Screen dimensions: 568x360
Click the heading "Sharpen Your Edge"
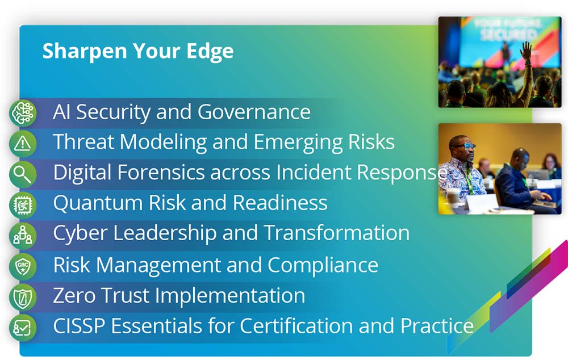[138, 51]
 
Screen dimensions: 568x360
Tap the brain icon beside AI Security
[23, 113]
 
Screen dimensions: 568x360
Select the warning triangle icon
[23, 144]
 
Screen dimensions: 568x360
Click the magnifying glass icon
[23, 174]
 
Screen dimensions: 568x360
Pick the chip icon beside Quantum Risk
[23, 205]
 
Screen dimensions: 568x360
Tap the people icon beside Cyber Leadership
[23, 236]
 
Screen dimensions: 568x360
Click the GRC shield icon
[23, 266]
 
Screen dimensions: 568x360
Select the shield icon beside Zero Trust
[23, 298]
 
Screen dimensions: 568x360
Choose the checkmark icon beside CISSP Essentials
[23, 328]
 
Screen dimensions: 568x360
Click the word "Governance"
[254, 112]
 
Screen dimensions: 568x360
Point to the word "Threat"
[84, 141]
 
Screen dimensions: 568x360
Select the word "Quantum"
[98, 203]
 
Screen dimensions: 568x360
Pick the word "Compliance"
[323, 266]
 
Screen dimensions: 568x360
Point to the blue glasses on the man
[465, 146]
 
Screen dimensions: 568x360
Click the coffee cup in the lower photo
[453, 198]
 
